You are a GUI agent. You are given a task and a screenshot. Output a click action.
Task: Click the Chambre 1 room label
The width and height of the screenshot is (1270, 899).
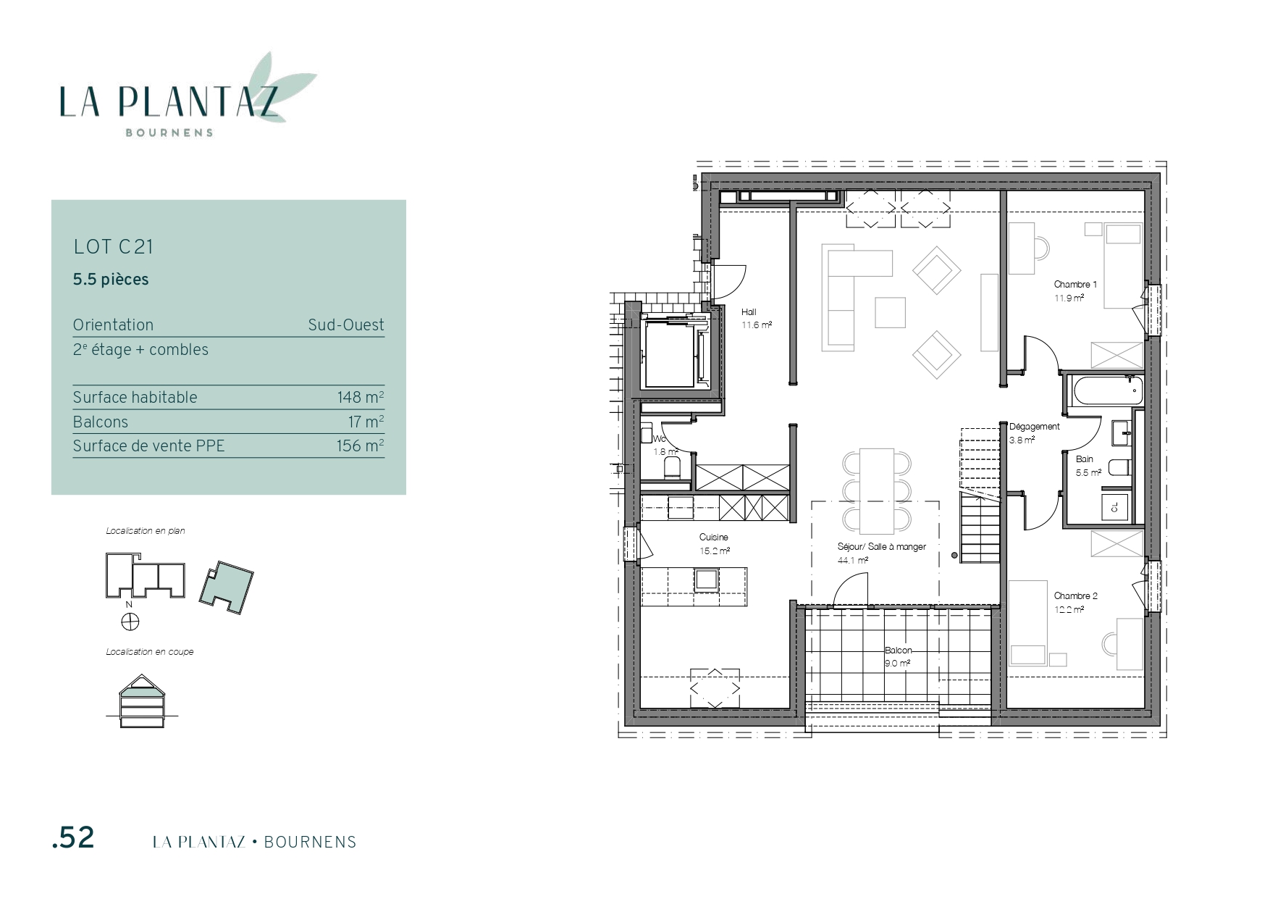click(x=1075, y=285)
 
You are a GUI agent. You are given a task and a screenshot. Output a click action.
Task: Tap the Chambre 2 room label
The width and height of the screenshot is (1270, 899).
click(x=1075, y=596)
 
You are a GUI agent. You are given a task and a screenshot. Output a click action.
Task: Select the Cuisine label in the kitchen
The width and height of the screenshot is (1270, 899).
click(x=713, y=538)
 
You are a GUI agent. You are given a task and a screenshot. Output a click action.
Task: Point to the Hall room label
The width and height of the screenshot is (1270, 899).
click(x=749, y=312)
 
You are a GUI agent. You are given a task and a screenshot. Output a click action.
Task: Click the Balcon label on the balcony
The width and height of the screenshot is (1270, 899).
click(x=898, y=651)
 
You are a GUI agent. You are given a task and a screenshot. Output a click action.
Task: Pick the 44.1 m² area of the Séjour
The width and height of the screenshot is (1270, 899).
click(x=852, y=560)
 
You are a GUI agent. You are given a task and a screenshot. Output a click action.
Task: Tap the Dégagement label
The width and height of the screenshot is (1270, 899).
click(x=1034, y=427)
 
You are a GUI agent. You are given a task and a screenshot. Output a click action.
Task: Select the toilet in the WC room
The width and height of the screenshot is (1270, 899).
click(x=672, y=468)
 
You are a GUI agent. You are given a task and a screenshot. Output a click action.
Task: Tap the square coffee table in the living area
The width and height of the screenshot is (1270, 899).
click(x=890, y=312)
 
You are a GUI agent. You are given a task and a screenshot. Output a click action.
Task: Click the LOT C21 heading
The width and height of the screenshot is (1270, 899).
click(x=114, y=247)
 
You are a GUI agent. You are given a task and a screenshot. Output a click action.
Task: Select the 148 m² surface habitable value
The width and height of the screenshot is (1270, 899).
click(x=361, y=397)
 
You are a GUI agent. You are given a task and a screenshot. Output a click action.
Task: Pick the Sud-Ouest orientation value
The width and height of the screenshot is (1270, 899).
click(x=346, y=325)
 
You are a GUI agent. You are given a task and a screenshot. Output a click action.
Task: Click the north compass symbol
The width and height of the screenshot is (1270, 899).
click(x=130, y=621)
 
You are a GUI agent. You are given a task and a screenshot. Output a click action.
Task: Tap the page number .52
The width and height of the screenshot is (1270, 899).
click(x=73, y=837)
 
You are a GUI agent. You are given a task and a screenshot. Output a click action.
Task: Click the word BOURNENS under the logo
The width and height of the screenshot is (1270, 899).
click(x=169, y=133)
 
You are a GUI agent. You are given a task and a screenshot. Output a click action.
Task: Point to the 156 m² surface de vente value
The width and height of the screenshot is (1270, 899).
click(x=361, y=446)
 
